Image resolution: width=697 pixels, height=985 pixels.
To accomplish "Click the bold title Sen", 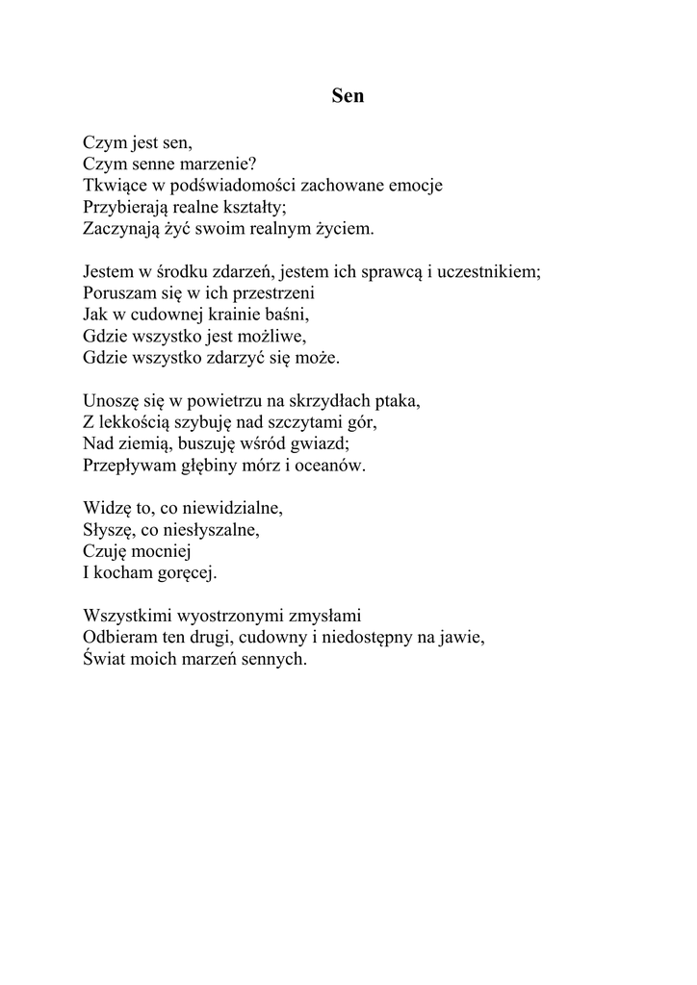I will click(x=348, y=96).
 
